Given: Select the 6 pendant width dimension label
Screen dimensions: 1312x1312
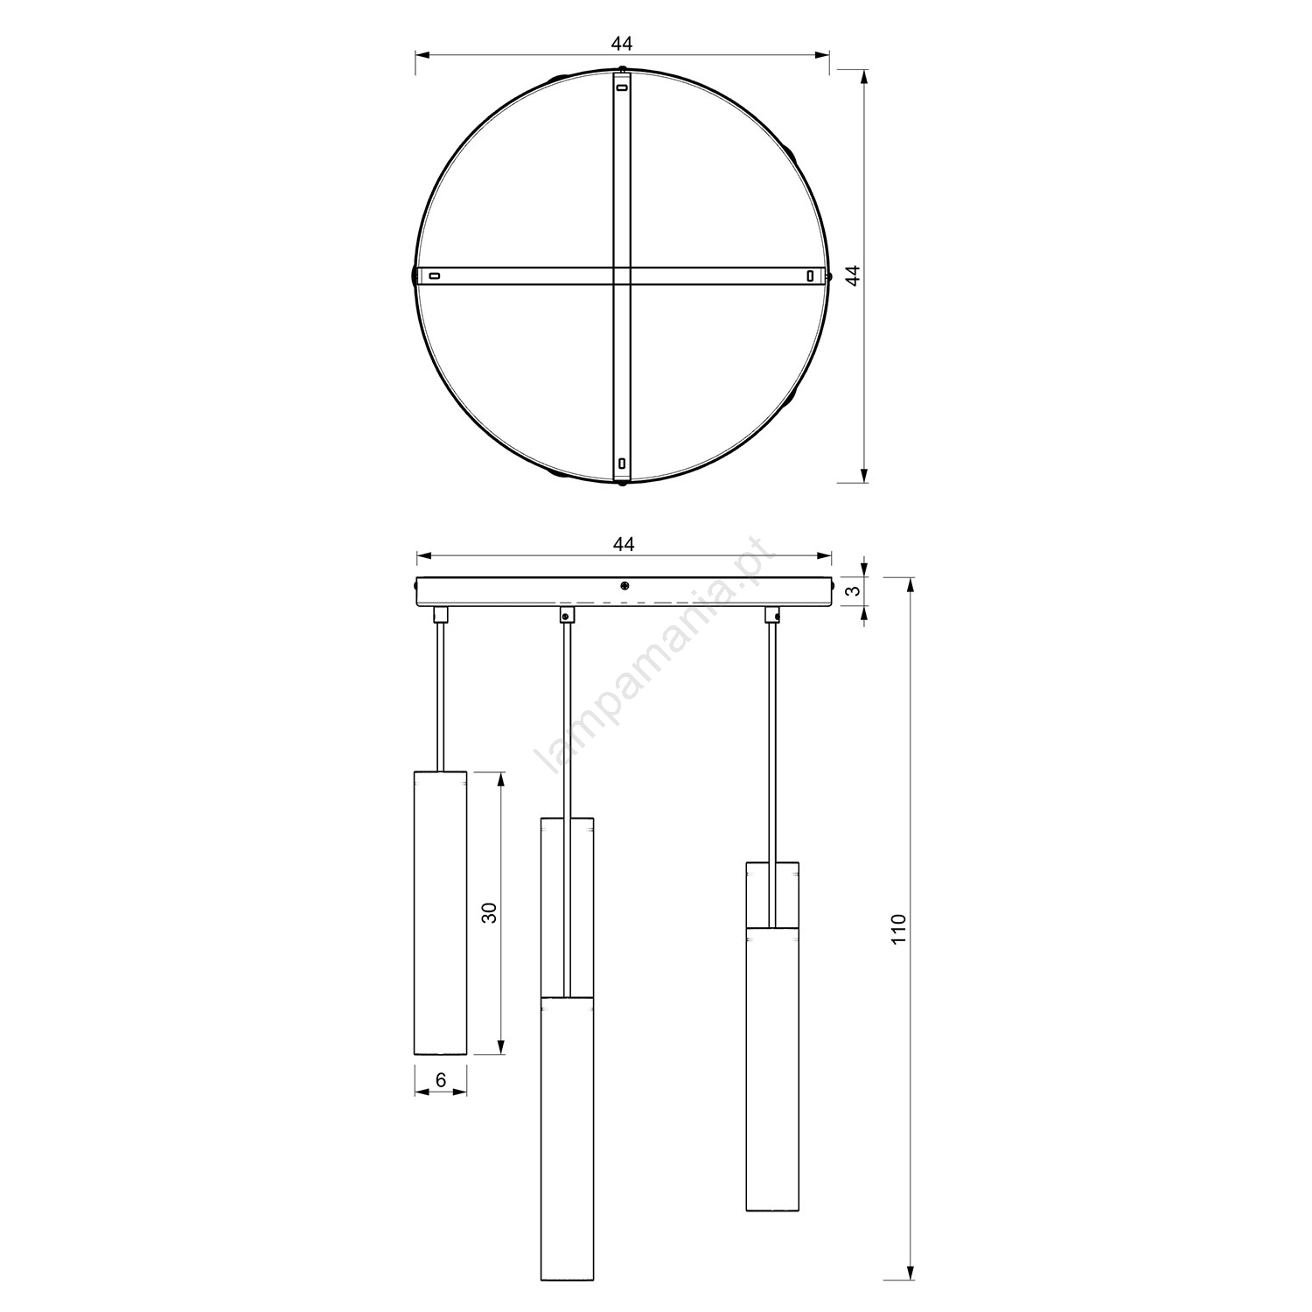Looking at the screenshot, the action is [x=441, y=1080].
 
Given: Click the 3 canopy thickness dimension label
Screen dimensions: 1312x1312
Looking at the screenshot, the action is [x=856, y=590].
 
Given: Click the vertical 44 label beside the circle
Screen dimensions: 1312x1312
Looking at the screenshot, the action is [x=855, y=276].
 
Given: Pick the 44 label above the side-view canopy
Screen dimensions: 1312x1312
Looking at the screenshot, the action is [x=623, y=544].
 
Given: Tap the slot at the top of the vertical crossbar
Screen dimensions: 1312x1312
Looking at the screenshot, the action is [x=622, y=87].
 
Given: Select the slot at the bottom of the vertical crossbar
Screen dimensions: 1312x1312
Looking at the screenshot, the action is [x=622, y=464].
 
